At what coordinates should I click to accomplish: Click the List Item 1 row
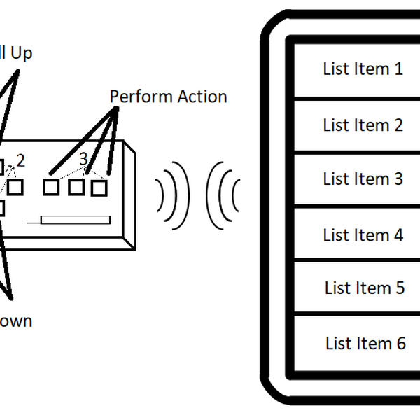tap(362, 69)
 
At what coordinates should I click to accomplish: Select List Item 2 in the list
tap(362, 125)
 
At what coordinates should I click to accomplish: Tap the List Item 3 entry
tap(362, 179)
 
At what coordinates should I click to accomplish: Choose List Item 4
tap(362, 234)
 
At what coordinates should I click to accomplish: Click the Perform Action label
tap(168, 97)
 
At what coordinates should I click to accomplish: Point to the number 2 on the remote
tap(20, 160)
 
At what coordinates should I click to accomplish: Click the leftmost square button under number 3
tap(51, 187)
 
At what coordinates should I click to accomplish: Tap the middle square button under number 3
tap(76, 187)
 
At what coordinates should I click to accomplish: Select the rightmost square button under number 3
tap(99, 187)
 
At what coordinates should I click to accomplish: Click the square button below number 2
tap(15, 187)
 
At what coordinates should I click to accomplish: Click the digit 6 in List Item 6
tap(400, 344)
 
